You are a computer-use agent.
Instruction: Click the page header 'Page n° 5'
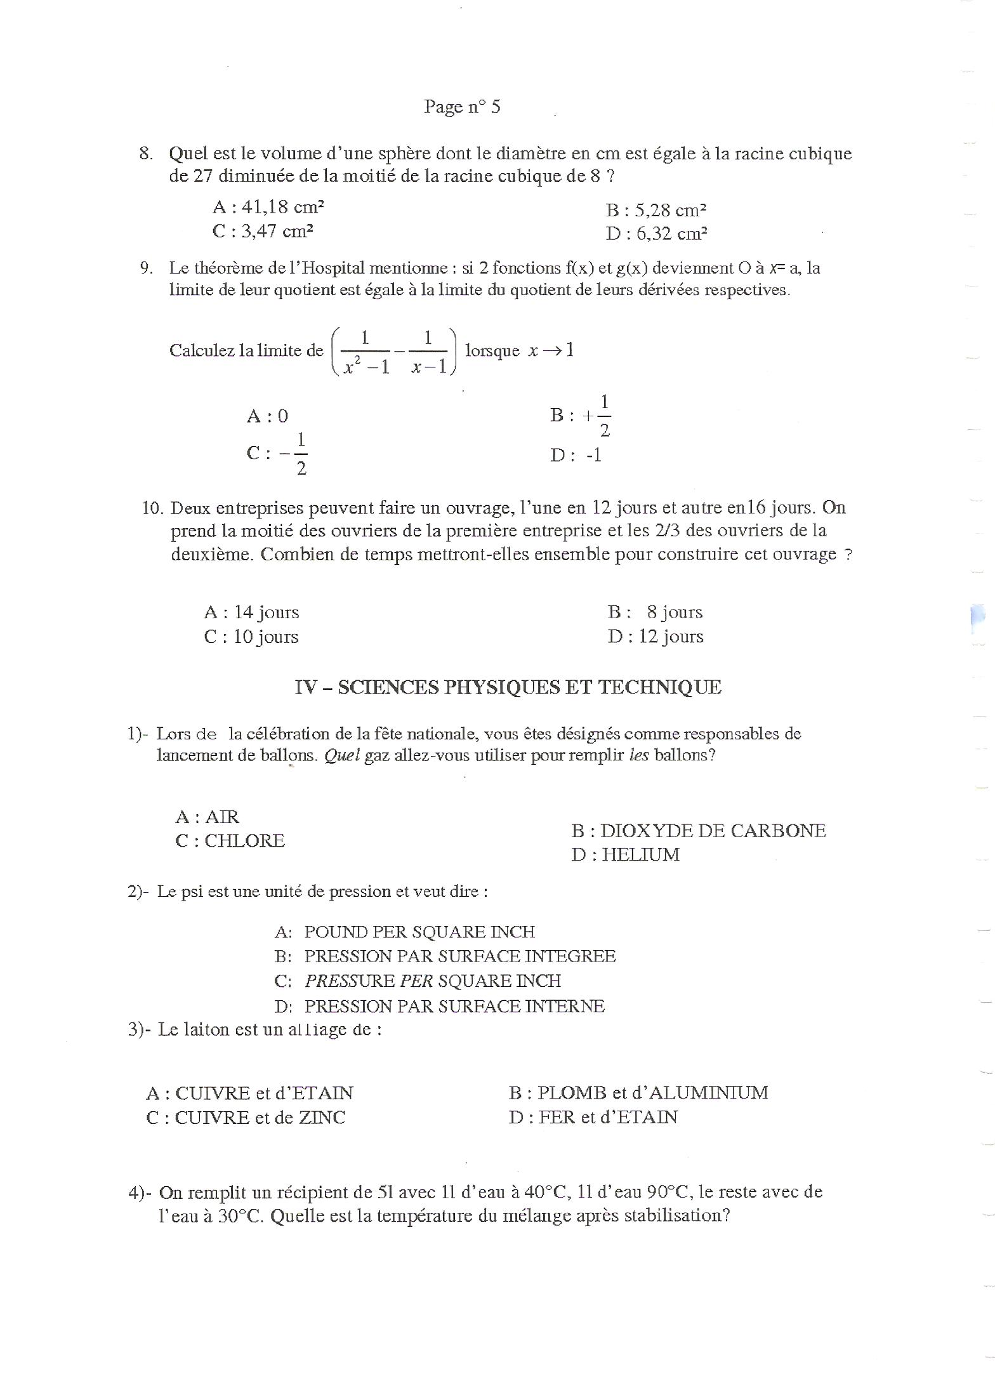pos(462,107)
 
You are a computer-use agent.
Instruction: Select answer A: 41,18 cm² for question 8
pos(268,207)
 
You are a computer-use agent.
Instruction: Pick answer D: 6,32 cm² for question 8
pos(656,234)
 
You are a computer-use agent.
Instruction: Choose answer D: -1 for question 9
pos(576,455)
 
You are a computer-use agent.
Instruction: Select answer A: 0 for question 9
pos(267,416)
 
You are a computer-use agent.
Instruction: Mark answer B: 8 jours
pos(655,612)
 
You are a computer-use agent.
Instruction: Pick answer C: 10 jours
pos(251,637)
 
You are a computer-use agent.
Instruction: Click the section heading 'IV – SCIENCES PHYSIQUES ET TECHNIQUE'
pos(508,687)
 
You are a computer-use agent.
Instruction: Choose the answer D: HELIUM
pos(625,855)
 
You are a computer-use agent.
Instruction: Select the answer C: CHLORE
pos(230,841)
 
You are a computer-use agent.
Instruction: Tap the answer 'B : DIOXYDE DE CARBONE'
pos(698,831)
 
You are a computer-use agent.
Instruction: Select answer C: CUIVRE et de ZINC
pos(246,1118)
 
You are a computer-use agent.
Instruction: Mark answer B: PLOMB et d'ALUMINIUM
pos(638,1093)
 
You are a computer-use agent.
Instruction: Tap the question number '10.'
pos(153,508)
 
